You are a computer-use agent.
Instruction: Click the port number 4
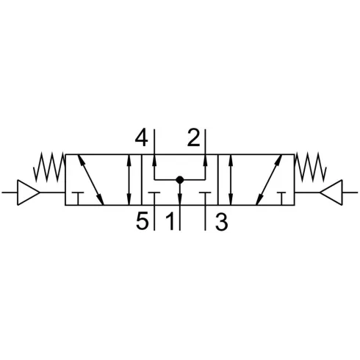point(142,137)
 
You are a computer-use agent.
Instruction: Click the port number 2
point(193,137)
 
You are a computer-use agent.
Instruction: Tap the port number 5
point(143,221)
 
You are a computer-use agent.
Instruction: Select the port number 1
point(170,221)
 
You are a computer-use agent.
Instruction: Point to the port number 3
point(221,222)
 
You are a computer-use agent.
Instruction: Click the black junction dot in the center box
point(180,180)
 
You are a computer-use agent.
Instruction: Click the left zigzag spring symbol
point(49,167)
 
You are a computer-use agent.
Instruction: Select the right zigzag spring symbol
point(311,167)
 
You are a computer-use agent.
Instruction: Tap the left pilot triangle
point(28,192)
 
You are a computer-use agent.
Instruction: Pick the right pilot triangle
point(331,192)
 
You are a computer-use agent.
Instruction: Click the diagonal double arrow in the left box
point(90,179)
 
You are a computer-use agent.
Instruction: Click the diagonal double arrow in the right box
point(269,179)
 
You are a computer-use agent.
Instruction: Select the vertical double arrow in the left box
point(129,179)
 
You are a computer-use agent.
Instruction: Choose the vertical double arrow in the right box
point(231,179)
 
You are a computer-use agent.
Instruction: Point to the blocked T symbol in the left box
point(78,198)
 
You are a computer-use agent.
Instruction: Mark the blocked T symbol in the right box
point(281,198)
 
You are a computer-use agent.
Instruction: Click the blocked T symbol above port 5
point(154,198)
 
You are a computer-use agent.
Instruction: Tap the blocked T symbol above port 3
point(205,198)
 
